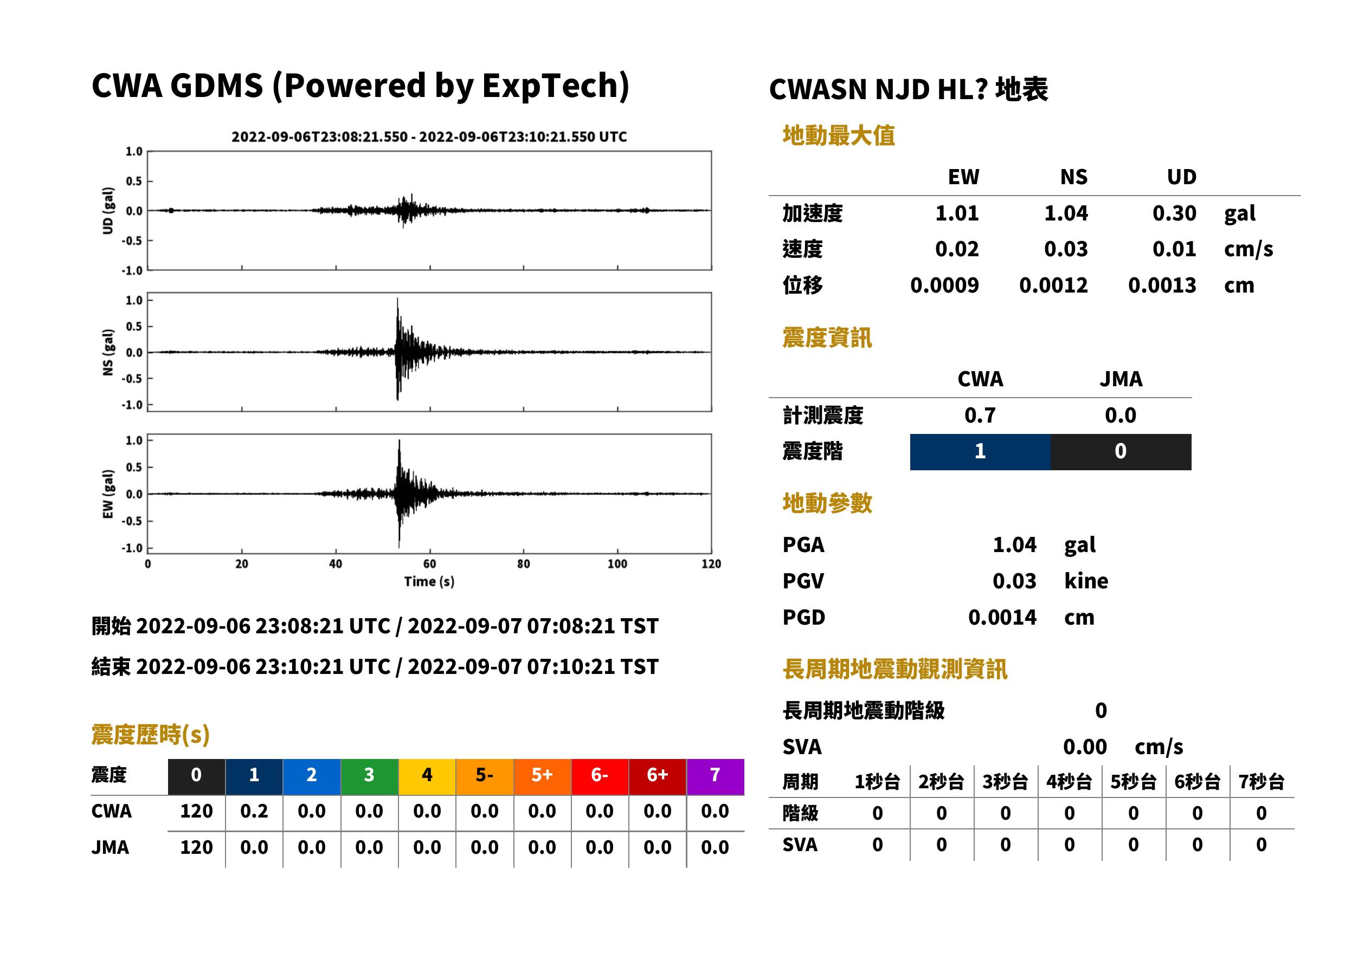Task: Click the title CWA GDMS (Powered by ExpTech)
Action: click(360, 86)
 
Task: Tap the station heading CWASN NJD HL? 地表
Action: click(908, 90)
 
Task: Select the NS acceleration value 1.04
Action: click(1065, 213)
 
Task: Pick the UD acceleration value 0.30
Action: click(1174, 213)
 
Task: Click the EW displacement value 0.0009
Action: click(944, 286)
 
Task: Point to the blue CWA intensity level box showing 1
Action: click(980, 452)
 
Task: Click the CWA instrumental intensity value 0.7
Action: click(980, 416)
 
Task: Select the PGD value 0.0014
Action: click(1002, 618)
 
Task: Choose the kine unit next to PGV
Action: click(1086, 581)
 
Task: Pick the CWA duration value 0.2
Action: click(254, 812)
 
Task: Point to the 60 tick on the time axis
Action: click(430, 564)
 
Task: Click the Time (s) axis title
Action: click(429, 582)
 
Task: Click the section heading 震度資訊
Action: click(827, 338)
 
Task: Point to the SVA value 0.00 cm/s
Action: click(1123, 747)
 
